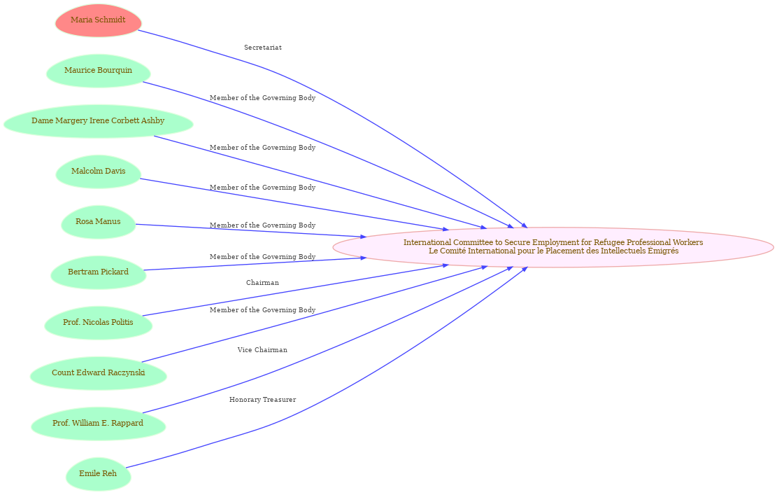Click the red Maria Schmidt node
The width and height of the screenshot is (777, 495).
(98, 20)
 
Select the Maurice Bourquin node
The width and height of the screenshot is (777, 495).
(98, 71)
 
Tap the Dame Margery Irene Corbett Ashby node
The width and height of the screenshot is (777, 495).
(98, 121)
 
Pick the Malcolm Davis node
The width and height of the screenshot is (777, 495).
(98, 171)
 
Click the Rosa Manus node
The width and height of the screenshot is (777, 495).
(98, 222)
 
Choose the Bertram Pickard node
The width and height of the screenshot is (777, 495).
(98, 272)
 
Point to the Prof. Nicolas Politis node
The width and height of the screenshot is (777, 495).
(98, 322)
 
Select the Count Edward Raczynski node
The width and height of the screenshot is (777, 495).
(98, 372)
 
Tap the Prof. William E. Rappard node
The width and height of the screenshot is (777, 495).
(98, 423)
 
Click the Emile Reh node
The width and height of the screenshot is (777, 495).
(98, 474)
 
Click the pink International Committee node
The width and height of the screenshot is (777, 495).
(553, 247)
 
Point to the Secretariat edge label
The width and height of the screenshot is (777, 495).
(263, 48)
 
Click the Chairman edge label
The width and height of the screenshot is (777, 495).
(263, 283)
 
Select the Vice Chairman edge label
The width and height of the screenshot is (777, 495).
(262, 350)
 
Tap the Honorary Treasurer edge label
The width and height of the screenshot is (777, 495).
(263, 400)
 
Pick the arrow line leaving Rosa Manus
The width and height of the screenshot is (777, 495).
(251, 230)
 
